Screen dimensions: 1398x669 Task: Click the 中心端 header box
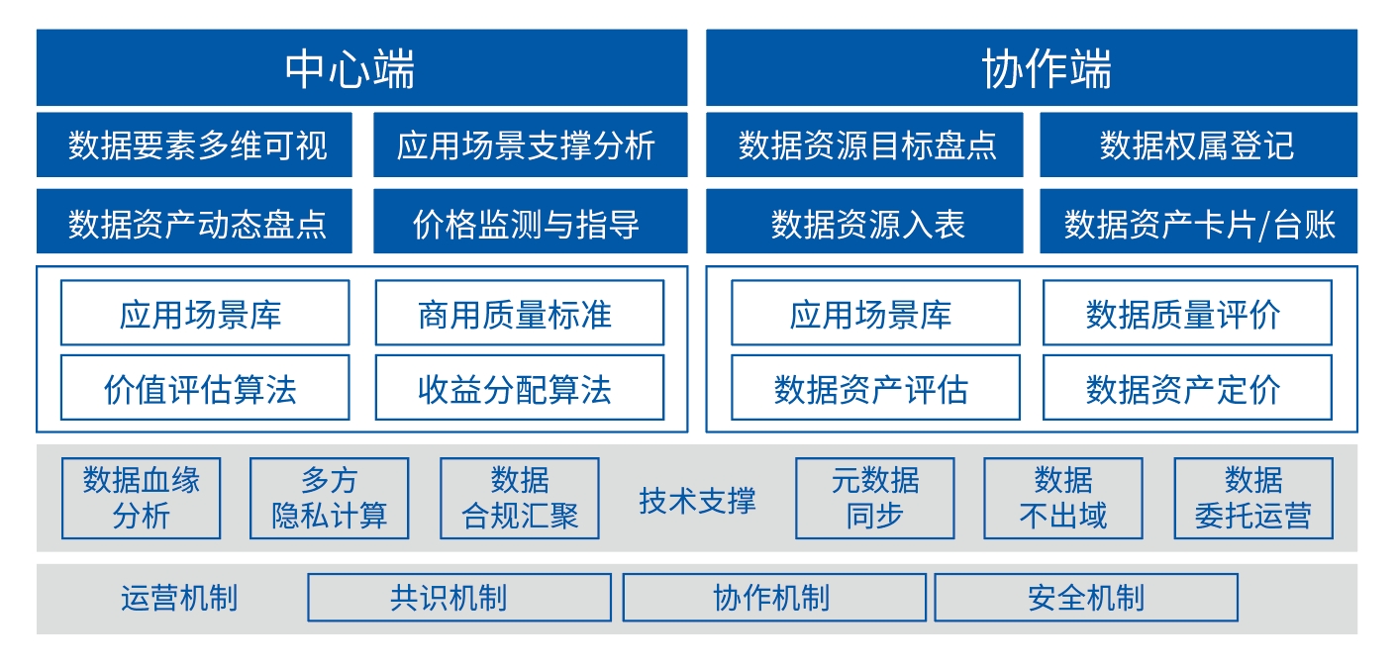pyautogui.click(x=362, y=67)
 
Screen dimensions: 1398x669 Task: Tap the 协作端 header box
pyautogui.click(x=1032, y=67)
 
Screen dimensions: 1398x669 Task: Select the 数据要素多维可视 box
pyautogui.click(x=194, y=144)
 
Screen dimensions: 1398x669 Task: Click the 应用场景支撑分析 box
pyautogui.click(x=531, y=144)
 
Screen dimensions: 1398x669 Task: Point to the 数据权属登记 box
pyautogui.click(x=1198, y=144)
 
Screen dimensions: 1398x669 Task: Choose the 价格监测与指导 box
pyautogui.click(x=531, y=222)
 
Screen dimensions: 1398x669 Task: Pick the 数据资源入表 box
pyautogui.click(x=864, y=222)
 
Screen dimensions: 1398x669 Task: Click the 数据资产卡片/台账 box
pyautogui.click(x=1198, y=222)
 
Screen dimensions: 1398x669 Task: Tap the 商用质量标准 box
pyautogui.click(x=520, y=313)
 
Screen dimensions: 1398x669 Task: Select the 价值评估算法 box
pyautogui.click(x=205, y=388)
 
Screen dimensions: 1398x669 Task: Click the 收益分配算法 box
pyautogui.click(x=520, y=388)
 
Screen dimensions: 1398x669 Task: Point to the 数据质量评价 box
pyautogui.click(x=1188, y=313)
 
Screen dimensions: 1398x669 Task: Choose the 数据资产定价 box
pyautogui.click(x=1188, y=388)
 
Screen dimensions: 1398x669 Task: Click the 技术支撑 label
pyautogui.click(x=697, y=501)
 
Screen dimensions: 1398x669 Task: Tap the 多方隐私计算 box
pyautogui.click(x=330, y=498)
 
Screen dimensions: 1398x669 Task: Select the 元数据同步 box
pyautogui.click(x=875, y=498)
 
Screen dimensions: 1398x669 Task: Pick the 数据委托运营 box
pyautogui.click(x=1253, y=498)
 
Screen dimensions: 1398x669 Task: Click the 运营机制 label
pyautogui.click(x=179, y=598)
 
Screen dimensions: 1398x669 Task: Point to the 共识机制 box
pyautogui.click(x=459, y=598)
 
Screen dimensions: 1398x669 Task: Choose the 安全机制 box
pyautogui.click(x=1086, y=598)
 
